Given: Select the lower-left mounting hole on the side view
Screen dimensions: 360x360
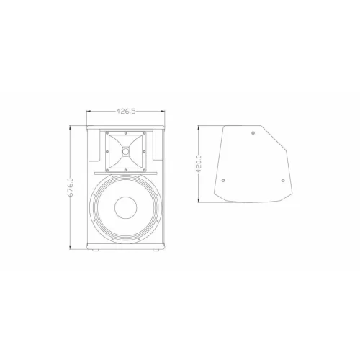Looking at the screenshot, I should tap(223, 180).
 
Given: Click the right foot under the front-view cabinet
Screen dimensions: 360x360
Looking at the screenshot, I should tap(156, 250).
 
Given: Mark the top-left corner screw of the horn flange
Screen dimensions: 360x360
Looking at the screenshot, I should tap(109, 135).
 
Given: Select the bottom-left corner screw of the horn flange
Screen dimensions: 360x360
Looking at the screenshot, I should tap(109, 170).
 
